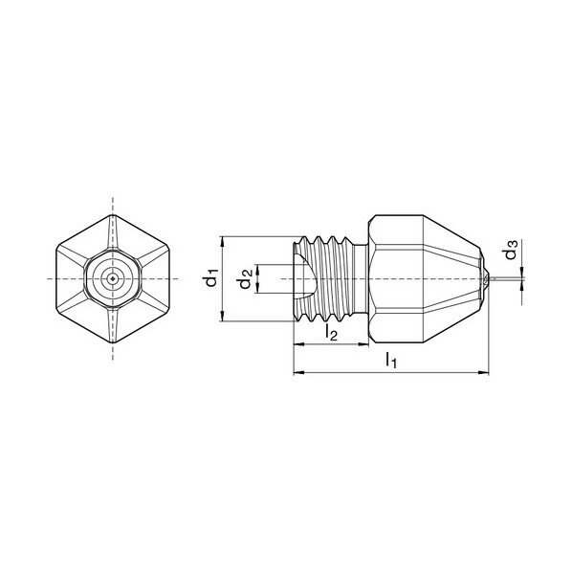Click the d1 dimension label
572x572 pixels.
[211, 278]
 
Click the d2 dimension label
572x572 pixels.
[245, 278]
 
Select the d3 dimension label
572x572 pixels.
[511, 250]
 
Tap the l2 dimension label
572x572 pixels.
[331, 333]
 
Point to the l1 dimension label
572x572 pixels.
[390, 360]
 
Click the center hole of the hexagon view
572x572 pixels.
[112, 279]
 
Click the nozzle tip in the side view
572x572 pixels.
[487, 279]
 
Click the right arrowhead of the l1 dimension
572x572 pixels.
[484, 372]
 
